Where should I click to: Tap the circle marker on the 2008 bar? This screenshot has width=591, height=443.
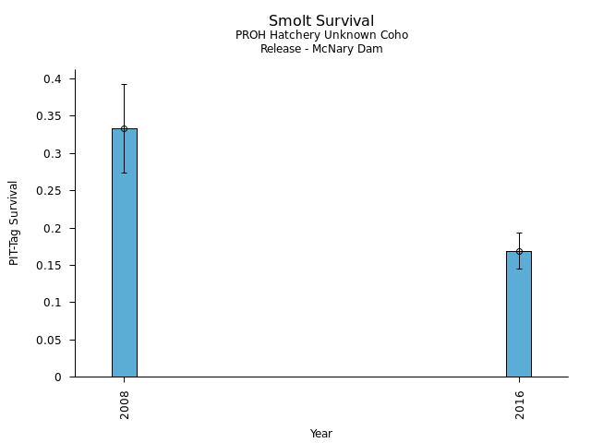pos(124,128)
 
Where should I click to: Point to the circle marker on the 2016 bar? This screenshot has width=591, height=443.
pos(519,251)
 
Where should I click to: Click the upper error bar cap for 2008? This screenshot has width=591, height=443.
pos(124,84)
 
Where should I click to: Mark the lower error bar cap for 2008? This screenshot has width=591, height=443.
pos(124,173)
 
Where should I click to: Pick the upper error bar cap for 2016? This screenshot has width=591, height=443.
pos(519,233)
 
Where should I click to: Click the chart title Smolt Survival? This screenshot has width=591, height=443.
pos(321,20)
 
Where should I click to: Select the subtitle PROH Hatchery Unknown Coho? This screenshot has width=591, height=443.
pos(321,35)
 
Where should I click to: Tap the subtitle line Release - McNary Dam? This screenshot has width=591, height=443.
pos(321,49)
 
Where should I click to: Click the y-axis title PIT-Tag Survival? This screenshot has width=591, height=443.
pos(14,222)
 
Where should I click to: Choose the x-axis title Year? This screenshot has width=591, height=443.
pos(321,434)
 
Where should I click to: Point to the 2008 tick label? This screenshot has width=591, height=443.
pos(124,402)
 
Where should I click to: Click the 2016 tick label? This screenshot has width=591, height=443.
pos(519,402)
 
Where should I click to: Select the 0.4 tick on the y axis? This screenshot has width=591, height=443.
pos(54,79)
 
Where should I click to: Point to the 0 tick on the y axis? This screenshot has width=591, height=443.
pos(59,377)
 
